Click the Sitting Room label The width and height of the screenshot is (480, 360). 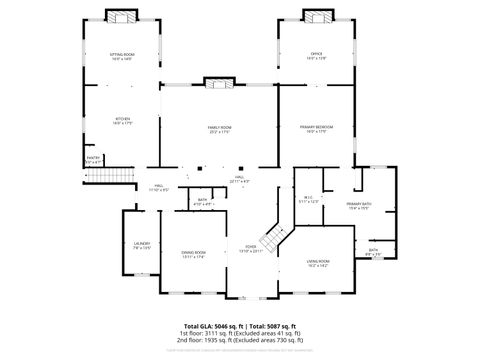coord(122,56)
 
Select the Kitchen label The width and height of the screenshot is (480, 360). coord(123,121)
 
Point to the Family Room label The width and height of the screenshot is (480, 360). coord(219,130)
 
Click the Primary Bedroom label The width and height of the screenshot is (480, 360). coord(316,129)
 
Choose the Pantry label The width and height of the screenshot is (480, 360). coord(93,159)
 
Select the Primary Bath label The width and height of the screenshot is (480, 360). coord(359,206)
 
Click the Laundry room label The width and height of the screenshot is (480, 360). coord(141,245)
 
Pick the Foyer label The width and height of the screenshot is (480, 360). coord(251,249)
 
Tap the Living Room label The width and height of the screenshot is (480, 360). coord(318,263)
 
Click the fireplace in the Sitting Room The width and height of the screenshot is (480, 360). coord(122,17)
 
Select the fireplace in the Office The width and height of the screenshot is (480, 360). coord(316,17)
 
